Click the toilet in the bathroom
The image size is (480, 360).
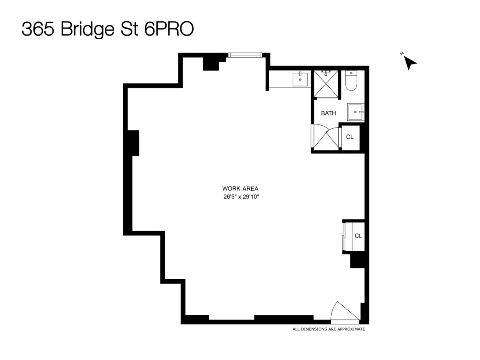(351, 81)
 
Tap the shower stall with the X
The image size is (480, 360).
(326, 84)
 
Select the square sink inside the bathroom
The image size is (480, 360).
(355, 112)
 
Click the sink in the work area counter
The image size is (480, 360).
(300, 79)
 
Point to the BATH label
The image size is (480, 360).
(328, 113)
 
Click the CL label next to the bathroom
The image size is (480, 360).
(350, 137)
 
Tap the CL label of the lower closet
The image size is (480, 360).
(358, 236)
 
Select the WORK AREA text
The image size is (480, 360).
(240, 188)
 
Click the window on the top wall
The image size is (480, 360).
(245, 55)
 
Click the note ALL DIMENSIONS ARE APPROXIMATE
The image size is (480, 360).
(329, 329)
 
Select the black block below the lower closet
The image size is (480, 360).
(357, 261)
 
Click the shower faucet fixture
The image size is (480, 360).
(326, 72)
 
